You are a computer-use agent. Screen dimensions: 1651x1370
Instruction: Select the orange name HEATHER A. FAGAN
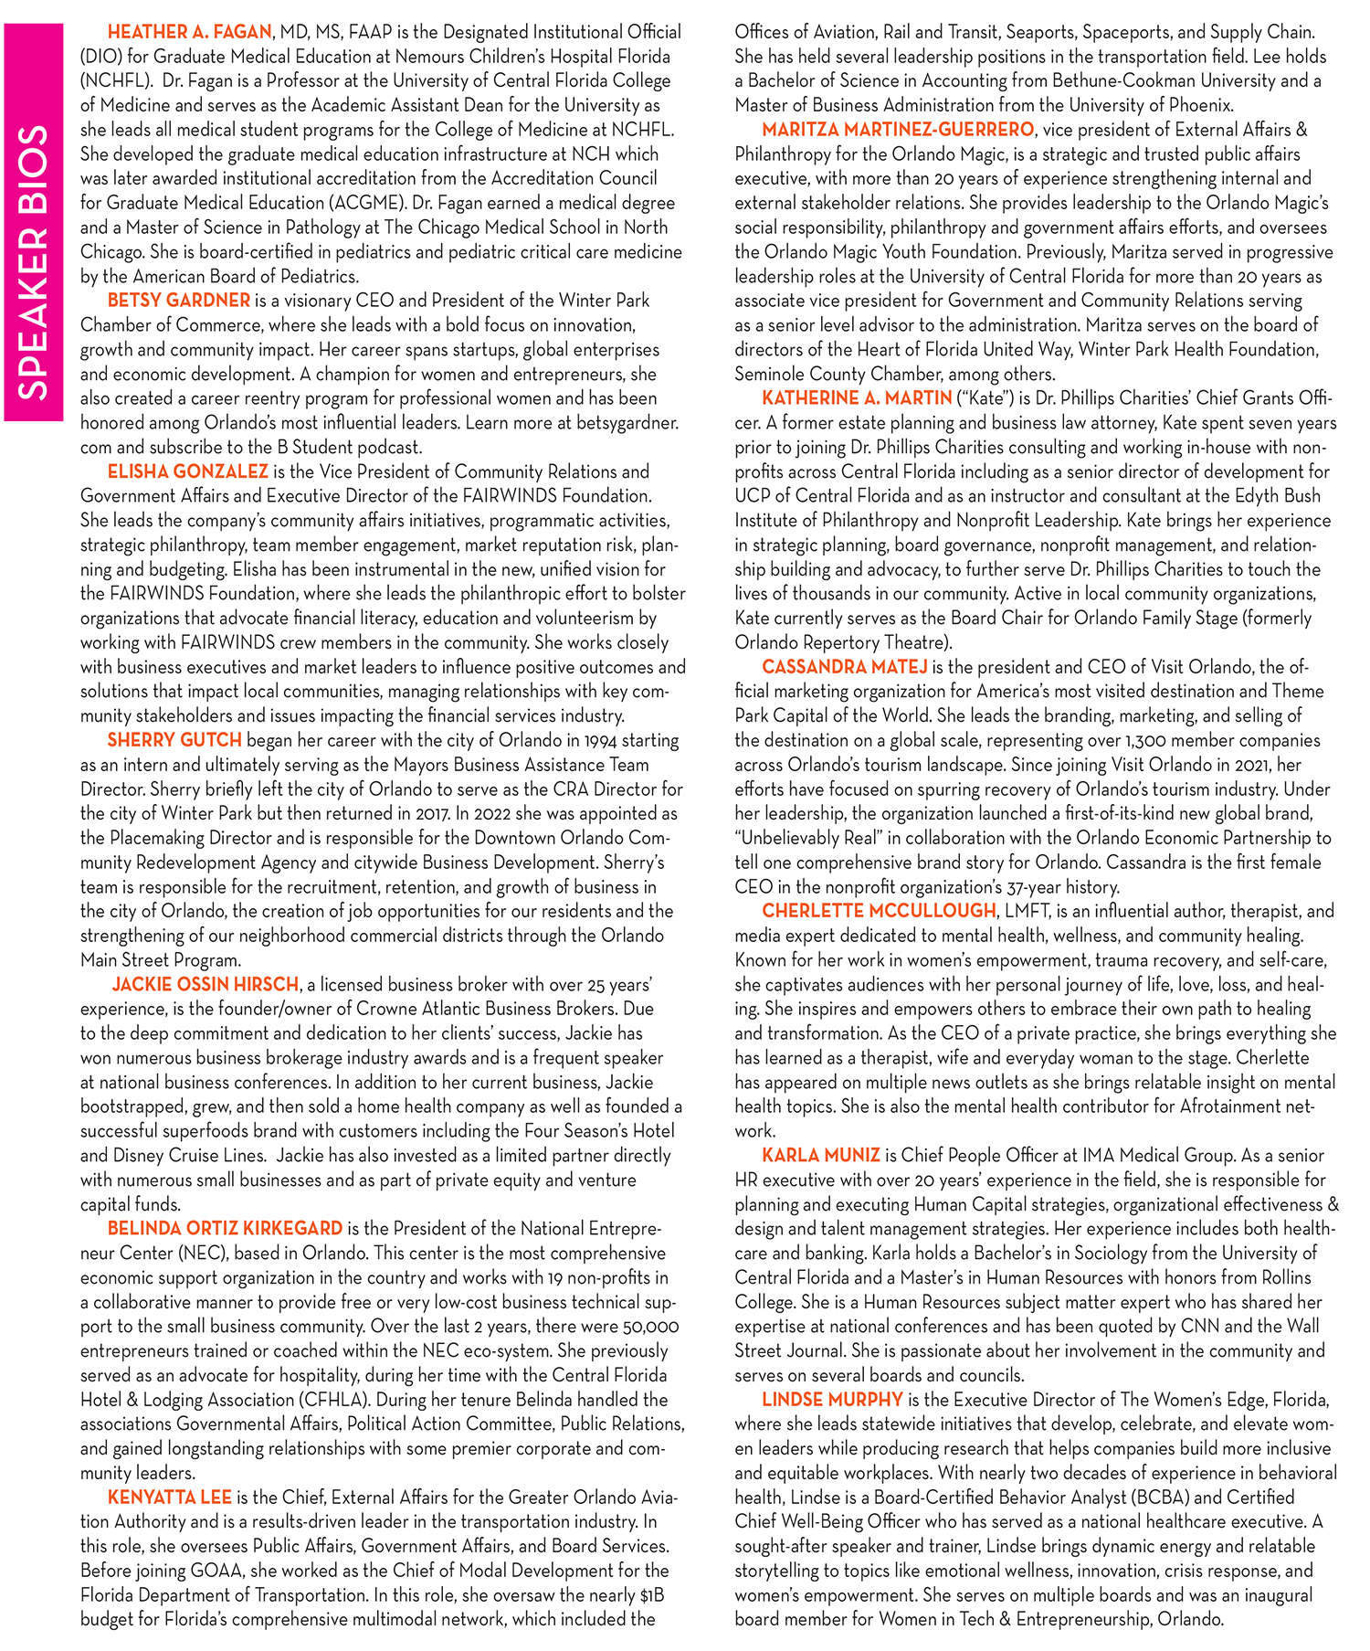(x=189, y=32)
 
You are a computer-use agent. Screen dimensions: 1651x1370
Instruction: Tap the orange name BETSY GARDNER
(x=178, y=300)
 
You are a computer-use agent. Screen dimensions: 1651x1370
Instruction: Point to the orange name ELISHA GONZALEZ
(x=187, y=471)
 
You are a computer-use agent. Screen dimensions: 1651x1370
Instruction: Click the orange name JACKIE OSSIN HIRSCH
(x=205, y=984)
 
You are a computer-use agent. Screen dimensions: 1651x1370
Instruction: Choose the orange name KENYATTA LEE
(x=170, y=1497)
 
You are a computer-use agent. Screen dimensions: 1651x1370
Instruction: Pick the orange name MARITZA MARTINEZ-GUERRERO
(x=898, y=129)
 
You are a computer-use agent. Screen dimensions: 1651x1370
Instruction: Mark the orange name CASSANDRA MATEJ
(x=844, y=666)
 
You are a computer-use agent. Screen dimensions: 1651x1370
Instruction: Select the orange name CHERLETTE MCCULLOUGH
(x=879, y=910)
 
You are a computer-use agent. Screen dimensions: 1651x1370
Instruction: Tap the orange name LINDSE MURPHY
(x=832, y=1399)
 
